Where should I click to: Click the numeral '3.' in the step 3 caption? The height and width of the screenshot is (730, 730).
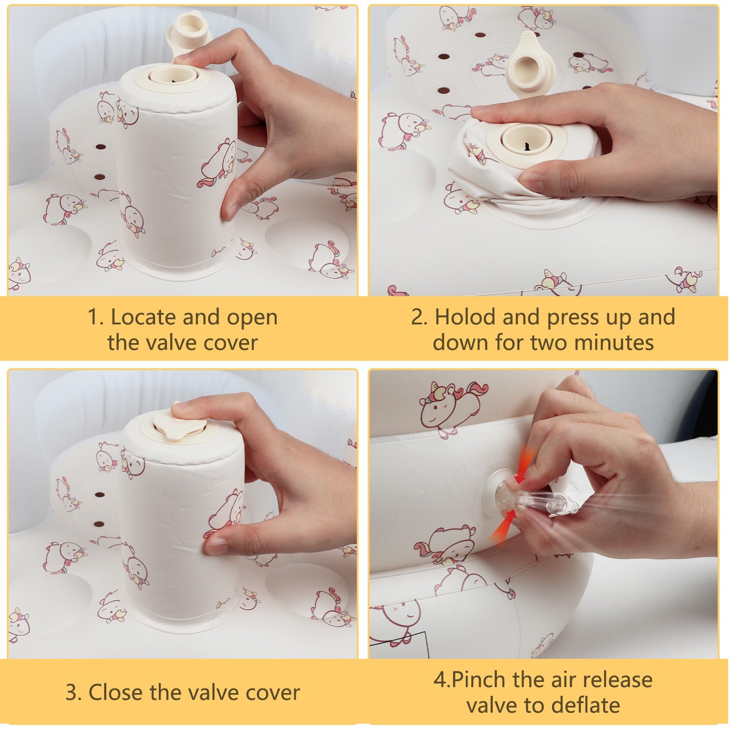(x=73, y=693)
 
